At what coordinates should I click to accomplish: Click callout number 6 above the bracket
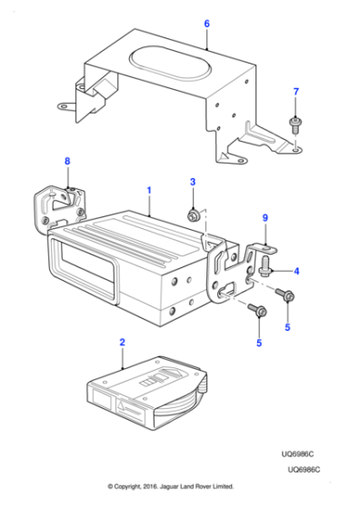click(x=206, y=23)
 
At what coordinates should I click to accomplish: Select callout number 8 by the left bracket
click(x=65, y=161)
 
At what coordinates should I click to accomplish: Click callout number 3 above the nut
click(x=192, y=184)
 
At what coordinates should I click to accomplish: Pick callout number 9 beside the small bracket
click(x=265, y=217)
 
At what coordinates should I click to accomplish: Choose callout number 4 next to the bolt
click(x=296, y=270)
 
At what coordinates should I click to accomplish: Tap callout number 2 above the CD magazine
click(x=122, y=343)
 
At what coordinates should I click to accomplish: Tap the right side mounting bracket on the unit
click(x=231, y=273)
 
